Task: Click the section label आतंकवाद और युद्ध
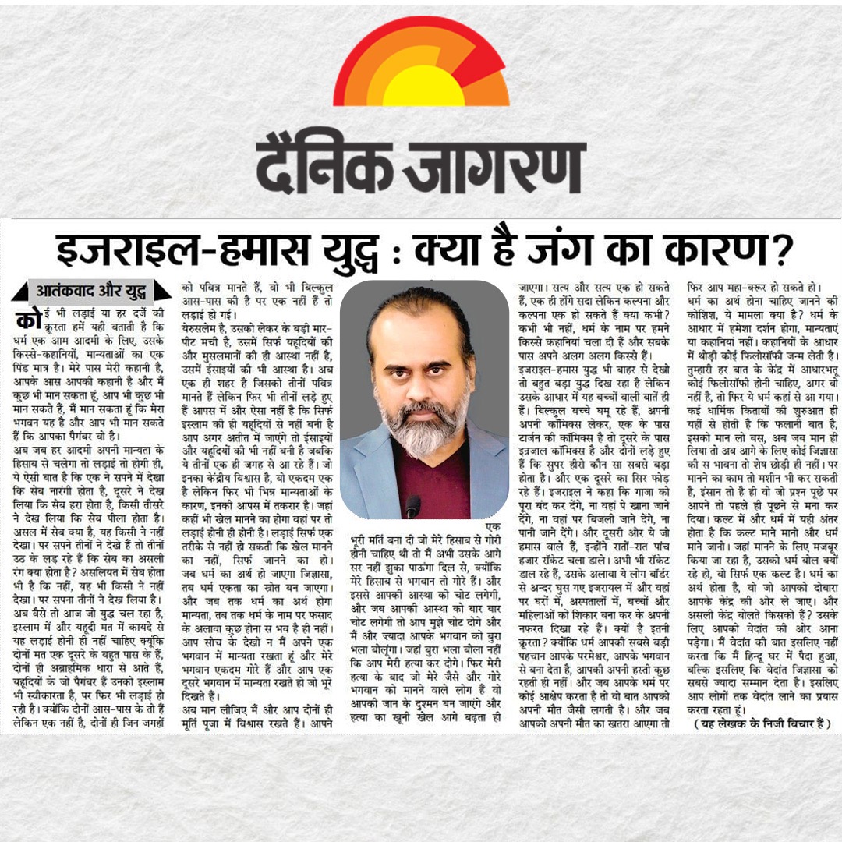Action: (x=90, y=292)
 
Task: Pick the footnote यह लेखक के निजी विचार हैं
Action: (x=762, y=723)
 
